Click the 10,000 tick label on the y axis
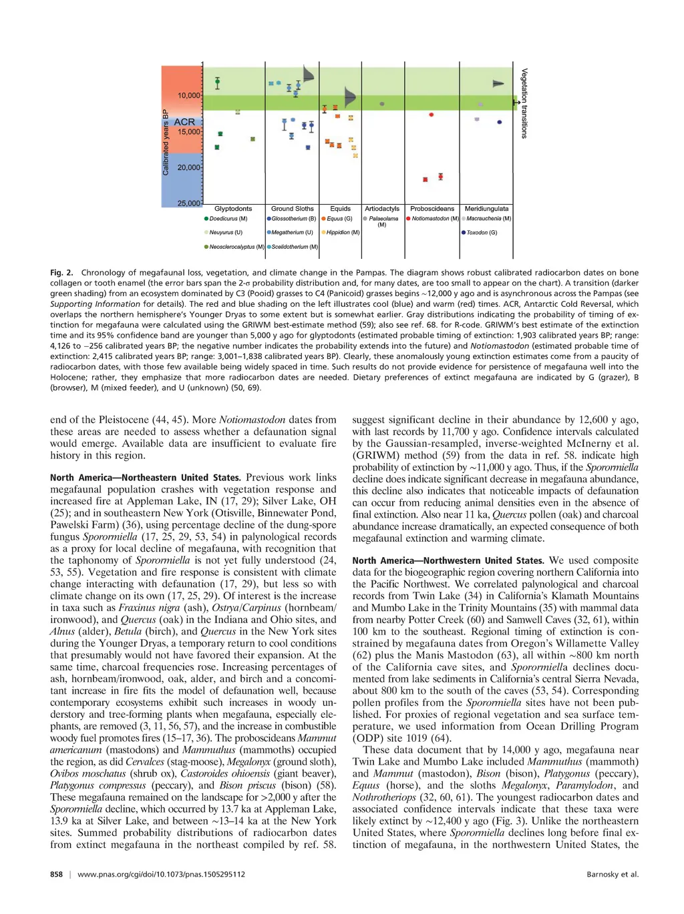[x=188, y=95]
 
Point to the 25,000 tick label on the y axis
[x=188, y=203]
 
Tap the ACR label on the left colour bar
[x=184, y=122]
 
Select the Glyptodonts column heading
[x=233, y=209]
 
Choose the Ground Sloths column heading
[x=292, y=209]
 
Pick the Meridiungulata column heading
[x=486, y=209]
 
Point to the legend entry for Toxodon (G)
[x=479, y=233]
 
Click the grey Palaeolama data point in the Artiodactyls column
[x=381, y=104]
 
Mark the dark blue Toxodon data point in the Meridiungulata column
[x=500, y=122]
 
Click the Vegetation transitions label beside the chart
[x=524, y=103]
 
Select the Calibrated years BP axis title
[x=166, y=142]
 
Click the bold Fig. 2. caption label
[x=61, y=273]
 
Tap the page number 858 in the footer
[x=56, y=874]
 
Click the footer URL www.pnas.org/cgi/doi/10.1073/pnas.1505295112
[x=161, y=874]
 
